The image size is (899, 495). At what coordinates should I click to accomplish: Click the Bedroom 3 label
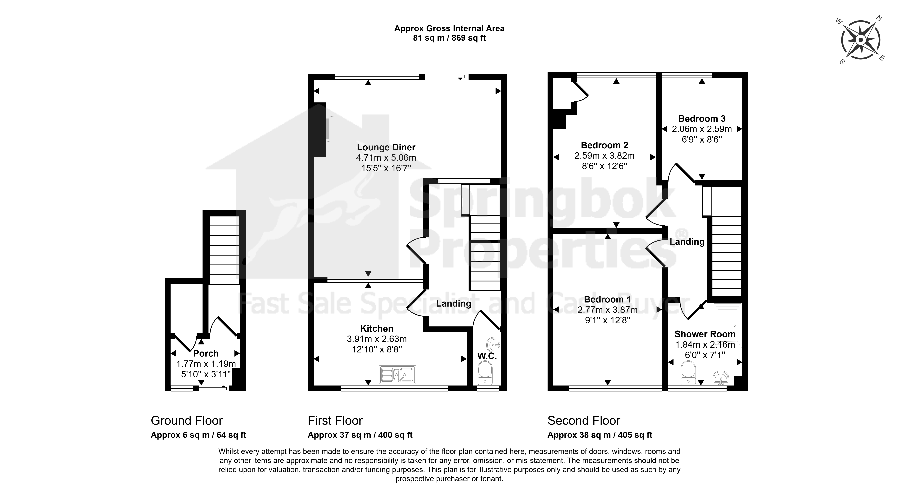pyautogui.click(x=702, y=119)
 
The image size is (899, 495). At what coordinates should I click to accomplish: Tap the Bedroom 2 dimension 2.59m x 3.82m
pyautogui.click(x=604, y=156)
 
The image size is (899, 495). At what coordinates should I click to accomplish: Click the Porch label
pyautogui.click(x=206, y=353)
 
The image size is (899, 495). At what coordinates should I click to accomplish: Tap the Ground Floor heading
pyautogui.click(x=187, y=421)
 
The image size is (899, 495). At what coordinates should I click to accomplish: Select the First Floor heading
pyautogui.click(x=335, y=421)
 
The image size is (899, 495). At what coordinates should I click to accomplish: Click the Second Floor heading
pyautogui.click(x=583, y=421)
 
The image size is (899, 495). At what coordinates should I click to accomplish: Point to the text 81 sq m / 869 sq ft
pyautogui.click(x=450, y=38)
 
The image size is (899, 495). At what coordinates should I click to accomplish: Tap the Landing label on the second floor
pyautogui.click(x=687, y=242)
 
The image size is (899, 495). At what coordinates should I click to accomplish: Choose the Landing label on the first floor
pyautogui.click(x=454, y=303)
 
